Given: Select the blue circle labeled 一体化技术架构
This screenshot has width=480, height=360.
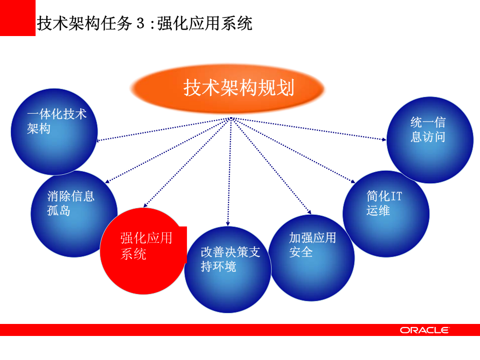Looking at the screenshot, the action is coord(54,131).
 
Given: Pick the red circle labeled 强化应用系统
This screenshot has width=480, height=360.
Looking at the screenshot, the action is coord(143,250).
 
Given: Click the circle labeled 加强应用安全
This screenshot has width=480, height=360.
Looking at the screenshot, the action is coord(312,258).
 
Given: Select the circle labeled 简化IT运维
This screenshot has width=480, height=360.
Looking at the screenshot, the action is coord(386,213).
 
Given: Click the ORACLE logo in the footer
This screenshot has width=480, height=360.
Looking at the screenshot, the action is coord(424,330).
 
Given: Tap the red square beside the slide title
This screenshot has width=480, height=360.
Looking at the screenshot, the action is coord(18,18).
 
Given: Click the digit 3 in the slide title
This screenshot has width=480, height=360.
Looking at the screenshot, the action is coord(140,24).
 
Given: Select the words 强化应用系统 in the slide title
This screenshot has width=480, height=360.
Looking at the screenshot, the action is coord(204,24).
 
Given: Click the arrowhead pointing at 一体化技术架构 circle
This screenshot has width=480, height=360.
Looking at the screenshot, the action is coord(99,141).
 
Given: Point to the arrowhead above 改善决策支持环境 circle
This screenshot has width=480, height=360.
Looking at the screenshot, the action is coord(228,223).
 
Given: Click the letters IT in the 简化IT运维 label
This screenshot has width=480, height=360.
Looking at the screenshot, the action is coord(396,196).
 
